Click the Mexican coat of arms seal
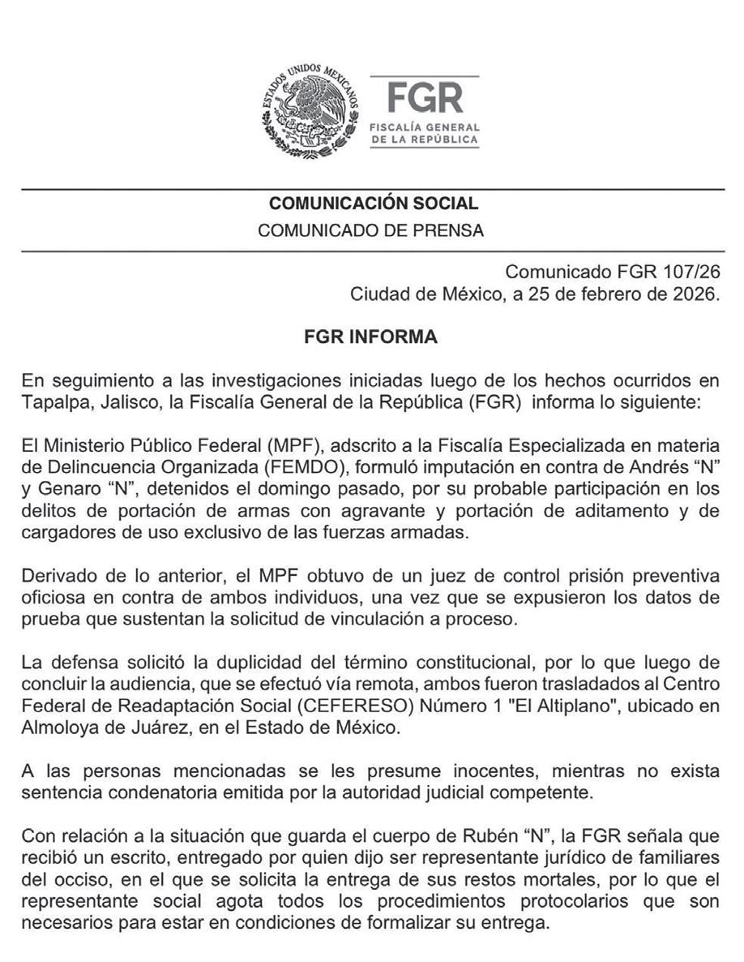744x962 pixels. (x=310, y=112)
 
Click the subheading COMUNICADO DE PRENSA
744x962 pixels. (x=371, y=231)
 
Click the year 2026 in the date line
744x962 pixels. (x=695, y=294)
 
